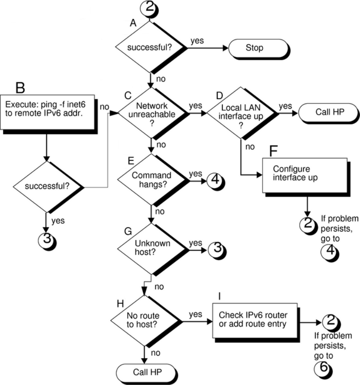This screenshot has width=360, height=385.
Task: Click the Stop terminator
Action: pyautogui.click(x=255, y=48)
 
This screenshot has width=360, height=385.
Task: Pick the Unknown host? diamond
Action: pyautogui.click(x=151, y=248)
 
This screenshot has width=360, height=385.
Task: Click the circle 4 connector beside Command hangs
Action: pyautogui.click(x=215, y=180)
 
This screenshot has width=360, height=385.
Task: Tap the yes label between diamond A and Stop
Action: pyautogui.click(x=196, y=41)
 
